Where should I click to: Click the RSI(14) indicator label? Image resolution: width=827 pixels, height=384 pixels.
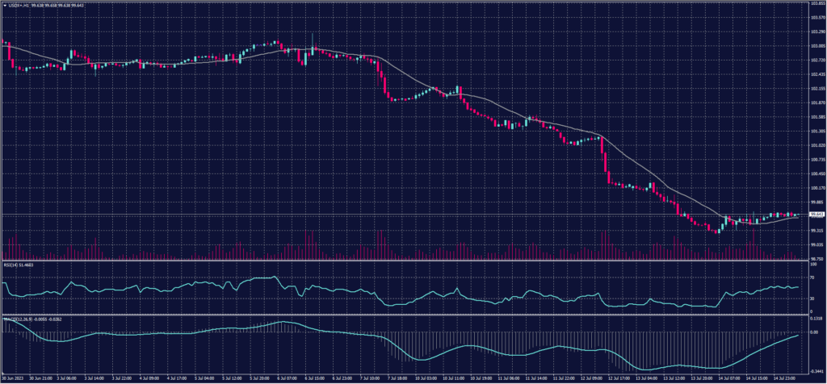[x=19, y=265]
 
